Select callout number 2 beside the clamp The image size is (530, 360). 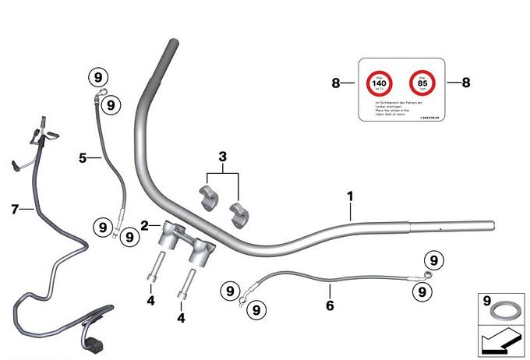pyautogui.click(x=145, y=226)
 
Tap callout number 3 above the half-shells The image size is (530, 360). pyautogui.click(x=223, y=157)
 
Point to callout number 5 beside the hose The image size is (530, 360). pyautogui.click(x=83, y=157)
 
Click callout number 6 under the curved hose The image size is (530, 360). pyautogui.click(x=330, y=306)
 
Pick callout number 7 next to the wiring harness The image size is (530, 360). pyautogui.click(x=15, y=208)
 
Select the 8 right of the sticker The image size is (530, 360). pyautogui.click(x=466, y=83)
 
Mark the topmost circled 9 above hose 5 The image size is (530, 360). pyautogui.click(x=98, y=77)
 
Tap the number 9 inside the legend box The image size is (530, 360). pyautogui.click(x=487, y=301)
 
